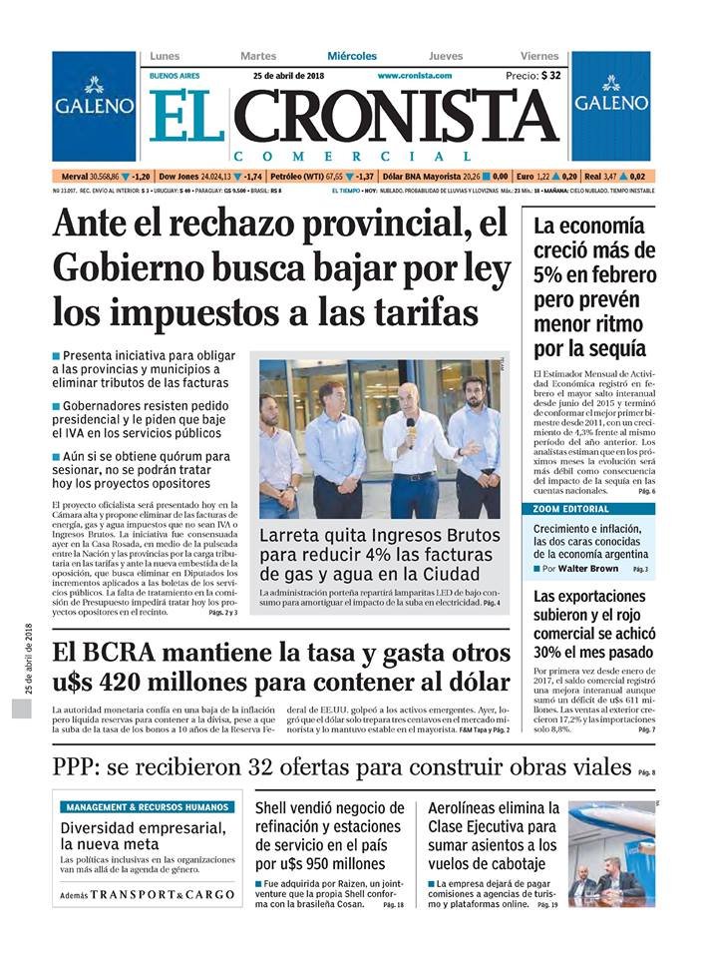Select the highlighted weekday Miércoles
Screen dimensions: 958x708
[352, 56]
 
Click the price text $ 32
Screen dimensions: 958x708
[550, 76]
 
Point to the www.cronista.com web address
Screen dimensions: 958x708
[414, 76]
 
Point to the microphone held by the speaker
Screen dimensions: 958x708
[410, 425]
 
